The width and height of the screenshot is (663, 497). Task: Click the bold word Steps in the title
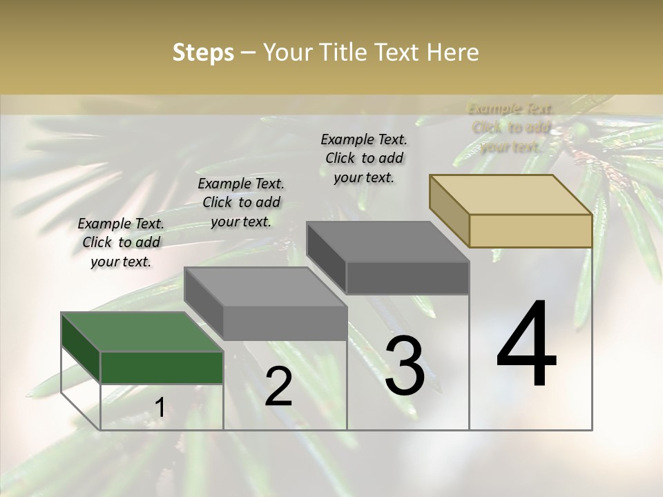[x=202, y=52]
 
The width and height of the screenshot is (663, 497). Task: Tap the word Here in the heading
[x=452, y=52]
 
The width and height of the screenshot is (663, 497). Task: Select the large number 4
[x=526, y=345]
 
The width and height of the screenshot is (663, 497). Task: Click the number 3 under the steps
[x=404, y=366]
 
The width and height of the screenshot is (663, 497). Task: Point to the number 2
[x=278, y=387]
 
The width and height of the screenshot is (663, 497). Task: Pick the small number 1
[x=160, y=408]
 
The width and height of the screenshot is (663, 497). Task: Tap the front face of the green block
[x=162, y=367]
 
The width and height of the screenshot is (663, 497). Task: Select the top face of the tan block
[x=511, y=194]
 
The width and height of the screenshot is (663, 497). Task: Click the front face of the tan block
[x=530, y=231]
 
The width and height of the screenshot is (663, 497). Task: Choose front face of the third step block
[x=407, y=277]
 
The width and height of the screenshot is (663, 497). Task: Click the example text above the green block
[x=121, y=242]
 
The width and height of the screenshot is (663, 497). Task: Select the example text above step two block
[x=241, y=202]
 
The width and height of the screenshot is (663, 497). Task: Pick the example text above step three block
[x=364, y=158]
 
